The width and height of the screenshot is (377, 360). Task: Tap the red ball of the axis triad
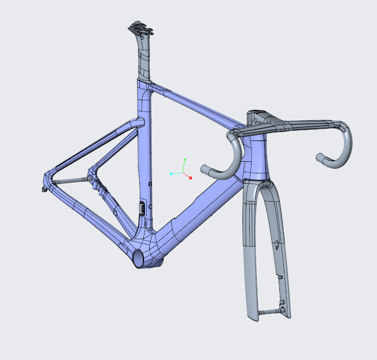pos(190,178)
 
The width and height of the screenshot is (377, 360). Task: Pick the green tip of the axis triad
pos(184,159)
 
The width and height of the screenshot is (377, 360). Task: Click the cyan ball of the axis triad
pos(172,173)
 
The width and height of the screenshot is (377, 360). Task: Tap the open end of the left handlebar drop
pos(204,170)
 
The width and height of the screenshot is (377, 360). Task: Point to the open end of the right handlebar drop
pos(320,157)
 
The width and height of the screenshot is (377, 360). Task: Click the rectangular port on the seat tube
pos(141,208)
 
